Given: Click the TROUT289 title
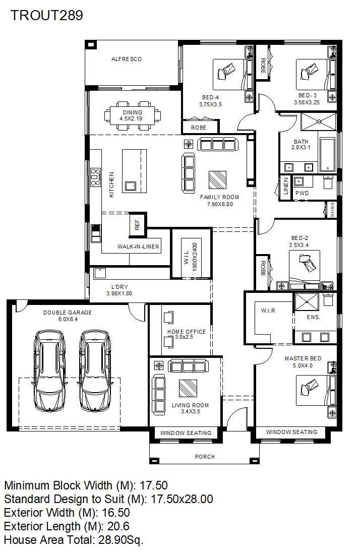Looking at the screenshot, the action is (x=47, y=15).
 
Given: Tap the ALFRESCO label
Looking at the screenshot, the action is (x=127, y=59).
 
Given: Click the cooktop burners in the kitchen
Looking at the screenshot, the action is (x=95, y=176).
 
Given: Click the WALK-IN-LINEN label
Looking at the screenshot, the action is (x=138, y=246).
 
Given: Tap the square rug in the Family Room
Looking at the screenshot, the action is (x=217, y=180).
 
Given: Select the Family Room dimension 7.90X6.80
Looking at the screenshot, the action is (x=220, y=204).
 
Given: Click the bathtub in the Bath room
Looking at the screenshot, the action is (x=327, y=155).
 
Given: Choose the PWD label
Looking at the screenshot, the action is (x=302, y=193).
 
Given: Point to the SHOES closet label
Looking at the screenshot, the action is (x=332, y=210).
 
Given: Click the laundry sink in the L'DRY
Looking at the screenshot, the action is (x=100, y=273).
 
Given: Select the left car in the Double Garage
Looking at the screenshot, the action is (x=49, y=371).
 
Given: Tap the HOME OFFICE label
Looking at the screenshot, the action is (x=187, y=332).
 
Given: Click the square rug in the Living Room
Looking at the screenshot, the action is (x=188, y=388).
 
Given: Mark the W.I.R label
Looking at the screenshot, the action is (x=268, y=311).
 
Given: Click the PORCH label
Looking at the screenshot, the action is (x=205, y=457).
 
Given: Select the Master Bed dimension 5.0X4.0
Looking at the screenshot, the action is (x=303, y=365).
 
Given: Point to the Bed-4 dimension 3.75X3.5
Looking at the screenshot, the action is (x=210, y=104).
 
